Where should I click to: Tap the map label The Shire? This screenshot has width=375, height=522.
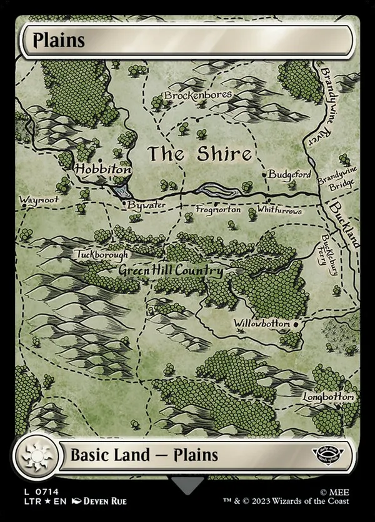199,154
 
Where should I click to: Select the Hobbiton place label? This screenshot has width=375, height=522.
103,169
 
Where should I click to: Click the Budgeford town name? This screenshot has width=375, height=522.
289,175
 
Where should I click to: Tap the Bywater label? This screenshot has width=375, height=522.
147,204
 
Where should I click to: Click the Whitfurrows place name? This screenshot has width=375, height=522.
279,211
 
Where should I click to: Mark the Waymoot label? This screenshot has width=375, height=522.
39,201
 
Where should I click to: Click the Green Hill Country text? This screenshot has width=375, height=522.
171,272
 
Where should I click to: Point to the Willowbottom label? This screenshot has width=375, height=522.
262,324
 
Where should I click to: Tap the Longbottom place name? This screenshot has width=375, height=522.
329,397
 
